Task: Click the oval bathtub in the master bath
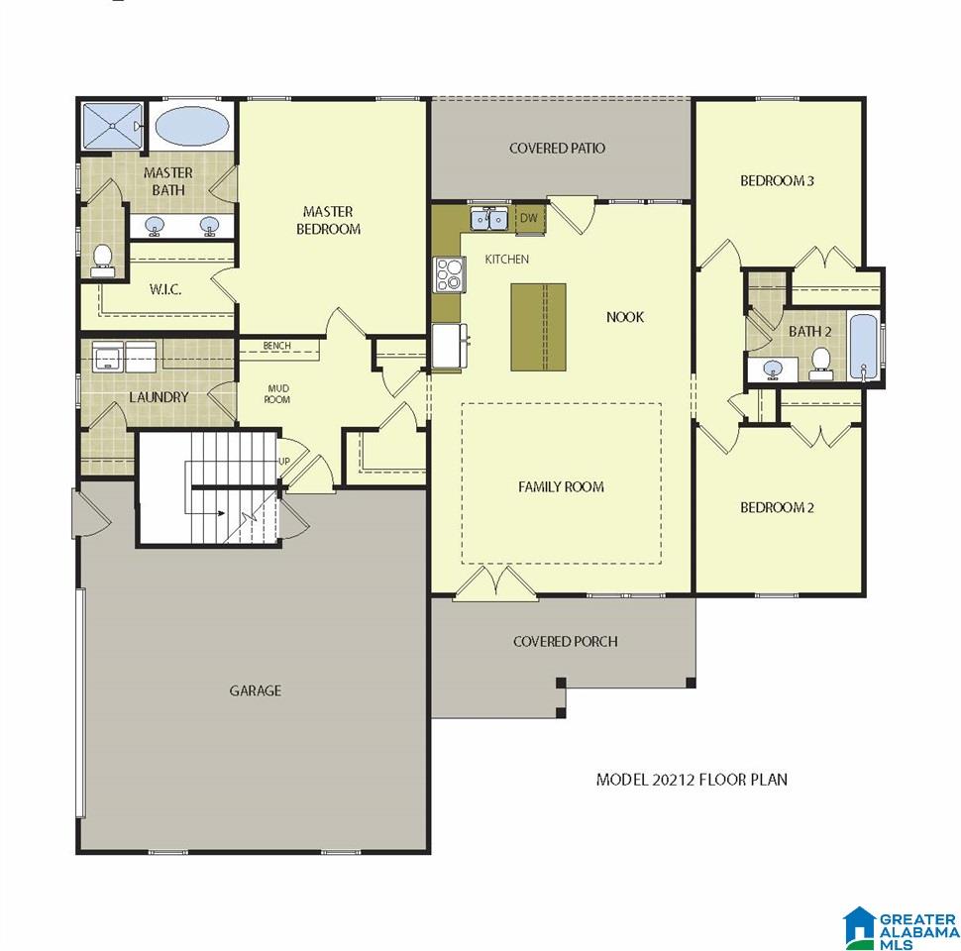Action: (x=192, y=126)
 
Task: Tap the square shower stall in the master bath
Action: (x=113, y=126)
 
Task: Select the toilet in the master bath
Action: (x=102, y=260)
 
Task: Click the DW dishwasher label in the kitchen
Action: (x=528, y=218)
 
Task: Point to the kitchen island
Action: (x=538, y=327)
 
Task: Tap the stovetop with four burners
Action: (x=450, y=274)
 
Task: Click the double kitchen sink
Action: (x=489, y=218)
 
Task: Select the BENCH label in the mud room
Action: (x=277, y=346)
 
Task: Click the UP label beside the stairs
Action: (x=284, y=461)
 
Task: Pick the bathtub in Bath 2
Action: (x=864, y=346)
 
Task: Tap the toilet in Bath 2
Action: (x=820, y=363)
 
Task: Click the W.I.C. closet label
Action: (x=165, y=289)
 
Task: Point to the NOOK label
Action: (x=625, y=317)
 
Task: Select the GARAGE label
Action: (x=256, y=690)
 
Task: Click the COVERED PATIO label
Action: (x=557, y=148)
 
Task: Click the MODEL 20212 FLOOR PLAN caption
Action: (x=692, y=780)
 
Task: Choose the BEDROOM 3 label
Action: (x=777, y=180)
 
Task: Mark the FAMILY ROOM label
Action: (x=562, y=487)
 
